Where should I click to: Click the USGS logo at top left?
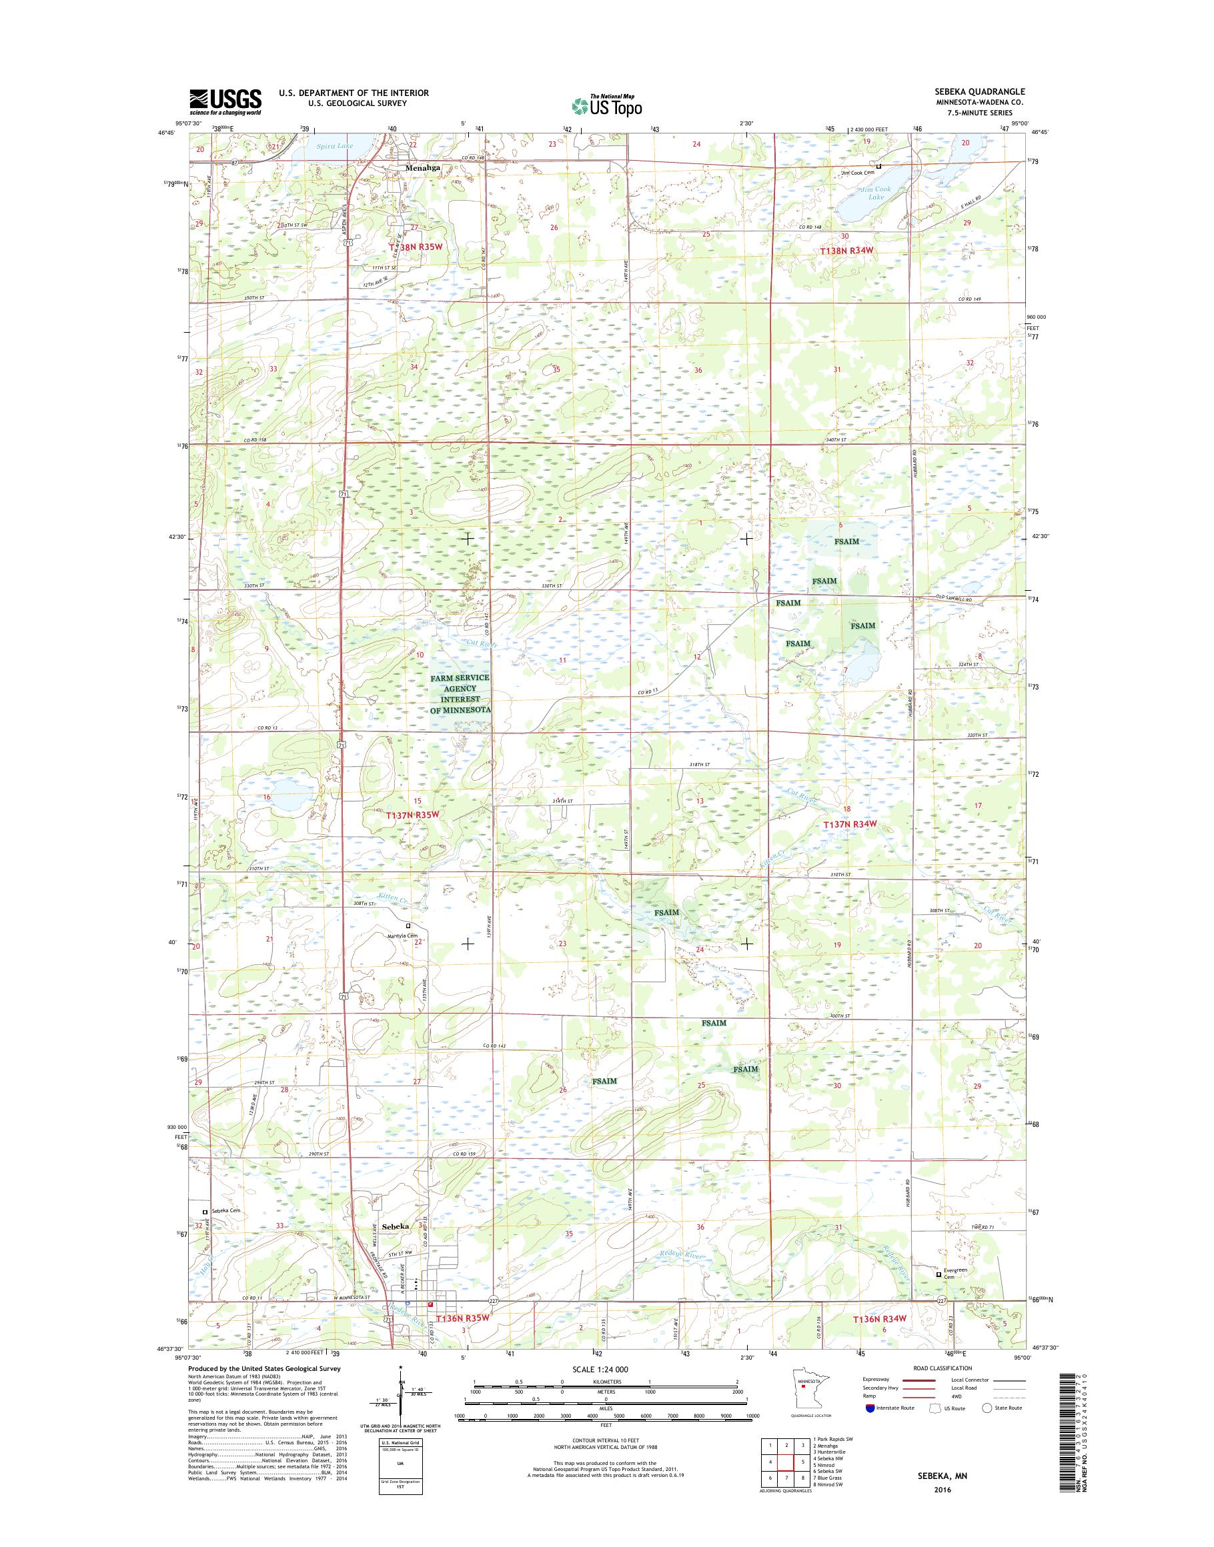tap(225, 101)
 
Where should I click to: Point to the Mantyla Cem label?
tap(403, 936)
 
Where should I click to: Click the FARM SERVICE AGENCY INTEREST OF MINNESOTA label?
tap(460, 693)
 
